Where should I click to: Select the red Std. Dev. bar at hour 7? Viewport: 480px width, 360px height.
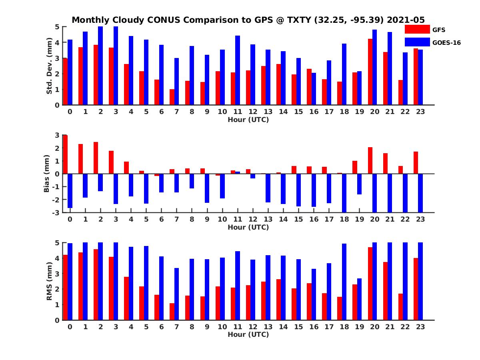[x=172, y=97]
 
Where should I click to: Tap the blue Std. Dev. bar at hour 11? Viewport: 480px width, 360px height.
[x=238, y=70]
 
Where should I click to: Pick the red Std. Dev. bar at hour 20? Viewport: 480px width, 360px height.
[x=370, y=72]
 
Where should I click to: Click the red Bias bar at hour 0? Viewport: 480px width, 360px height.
[x=65, y=154]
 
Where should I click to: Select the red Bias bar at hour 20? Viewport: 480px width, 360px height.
[x=370, y=160]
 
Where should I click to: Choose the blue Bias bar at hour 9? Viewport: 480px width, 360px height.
[x=207, y=188]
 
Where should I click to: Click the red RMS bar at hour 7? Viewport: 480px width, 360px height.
[x=172, y=312]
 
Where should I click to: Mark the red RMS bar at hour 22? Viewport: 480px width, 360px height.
[x=401, y=307]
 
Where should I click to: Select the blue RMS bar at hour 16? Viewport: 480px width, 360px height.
[x=314, y=294]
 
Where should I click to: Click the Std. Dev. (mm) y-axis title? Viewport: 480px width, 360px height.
[x=49, y=66]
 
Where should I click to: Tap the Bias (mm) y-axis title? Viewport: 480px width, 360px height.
[x=47, y=174]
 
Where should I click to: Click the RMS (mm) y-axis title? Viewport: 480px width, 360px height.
[x=49, y=281]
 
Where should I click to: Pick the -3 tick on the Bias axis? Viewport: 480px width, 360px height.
[x=57, y=212]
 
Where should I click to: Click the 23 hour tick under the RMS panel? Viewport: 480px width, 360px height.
[x=420, y=326]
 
